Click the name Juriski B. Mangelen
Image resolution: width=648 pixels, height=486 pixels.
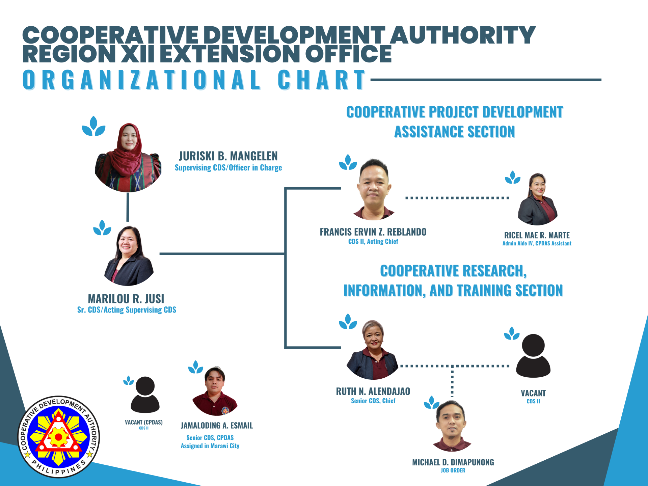pyautogui.click(x=228, y=156)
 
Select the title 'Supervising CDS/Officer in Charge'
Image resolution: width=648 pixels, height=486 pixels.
pyautogui.click(x=228, y=168)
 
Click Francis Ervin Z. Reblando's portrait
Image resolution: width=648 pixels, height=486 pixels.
pyautogui.click(x=374, y=189)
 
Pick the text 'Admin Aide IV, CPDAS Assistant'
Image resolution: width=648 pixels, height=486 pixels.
pyautogui.click(x=537, y=243)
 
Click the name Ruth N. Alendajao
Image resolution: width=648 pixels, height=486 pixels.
pyautogui.click(x=373, y=391)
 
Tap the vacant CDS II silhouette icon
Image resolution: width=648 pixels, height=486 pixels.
pyautogui.click(x=533, y=356)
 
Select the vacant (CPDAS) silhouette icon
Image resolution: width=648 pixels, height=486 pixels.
pyautogui.click(x=145, y=395)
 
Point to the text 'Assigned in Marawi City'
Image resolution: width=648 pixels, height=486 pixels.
pyautogui.click(x=210, y=446)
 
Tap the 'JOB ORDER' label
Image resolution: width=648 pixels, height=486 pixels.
pyautogui.click(x=453, y=470)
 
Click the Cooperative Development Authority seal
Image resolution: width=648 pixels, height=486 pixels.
pyautogui.click(x=59, y=437)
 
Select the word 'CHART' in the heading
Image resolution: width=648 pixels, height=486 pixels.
pyautogui.click(x=322, y=80)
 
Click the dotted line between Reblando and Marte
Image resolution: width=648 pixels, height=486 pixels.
pyautogui.click(x=457, y=198)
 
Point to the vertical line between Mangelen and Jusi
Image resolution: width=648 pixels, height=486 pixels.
pyautogui.click(x=128, y=207)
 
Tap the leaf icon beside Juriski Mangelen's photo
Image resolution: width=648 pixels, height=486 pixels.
pyautogui.click(x=93, y=126)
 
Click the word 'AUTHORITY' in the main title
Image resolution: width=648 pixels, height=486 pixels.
pyautogui.click(x=463, y=35)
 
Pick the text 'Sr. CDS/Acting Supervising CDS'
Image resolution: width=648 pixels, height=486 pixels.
pyautogui.click(x=127, y=310)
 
